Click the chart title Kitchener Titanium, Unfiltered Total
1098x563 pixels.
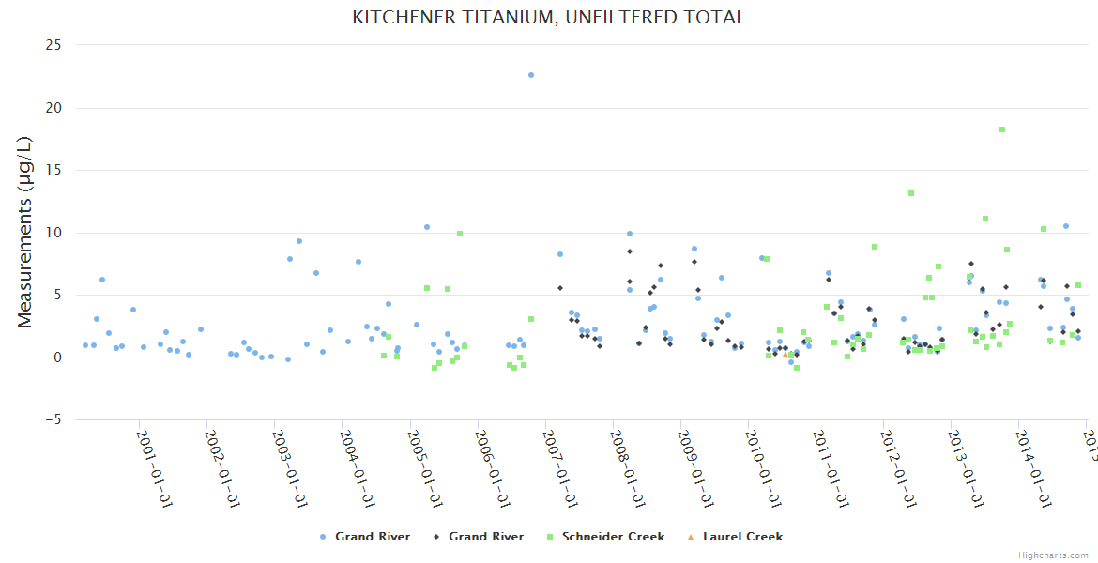(548, 17)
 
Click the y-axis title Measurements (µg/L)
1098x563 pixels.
(25, 231)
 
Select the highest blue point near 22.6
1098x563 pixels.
(530, 75)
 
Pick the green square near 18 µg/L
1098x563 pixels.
(1002, 129)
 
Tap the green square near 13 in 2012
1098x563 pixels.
(910, 193)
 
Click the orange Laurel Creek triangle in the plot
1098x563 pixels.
(785, 354)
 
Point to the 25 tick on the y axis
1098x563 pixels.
(53, 45)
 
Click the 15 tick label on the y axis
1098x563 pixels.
(53, 170)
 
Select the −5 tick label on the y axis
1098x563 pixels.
(53, 420)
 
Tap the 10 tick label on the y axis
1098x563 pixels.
(53, 233)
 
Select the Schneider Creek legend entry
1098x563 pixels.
(613, 537)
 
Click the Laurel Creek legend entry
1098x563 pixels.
(742, 537)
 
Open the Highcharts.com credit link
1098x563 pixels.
(1054, 555)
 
